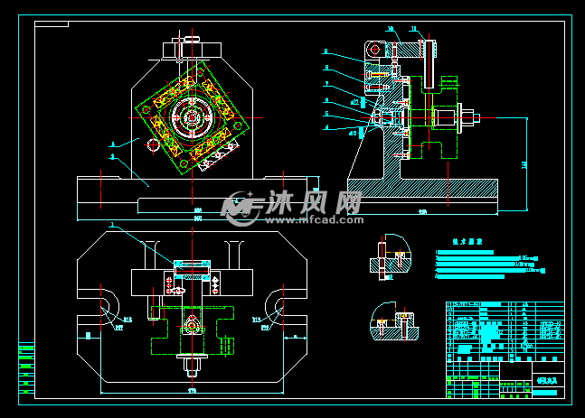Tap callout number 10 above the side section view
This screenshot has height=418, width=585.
391,30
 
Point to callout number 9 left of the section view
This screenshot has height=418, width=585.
326,51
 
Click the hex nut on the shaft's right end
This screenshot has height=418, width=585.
469,116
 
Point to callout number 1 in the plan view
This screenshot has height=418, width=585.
111,224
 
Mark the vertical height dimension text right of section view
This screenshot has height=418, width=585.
525,164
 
